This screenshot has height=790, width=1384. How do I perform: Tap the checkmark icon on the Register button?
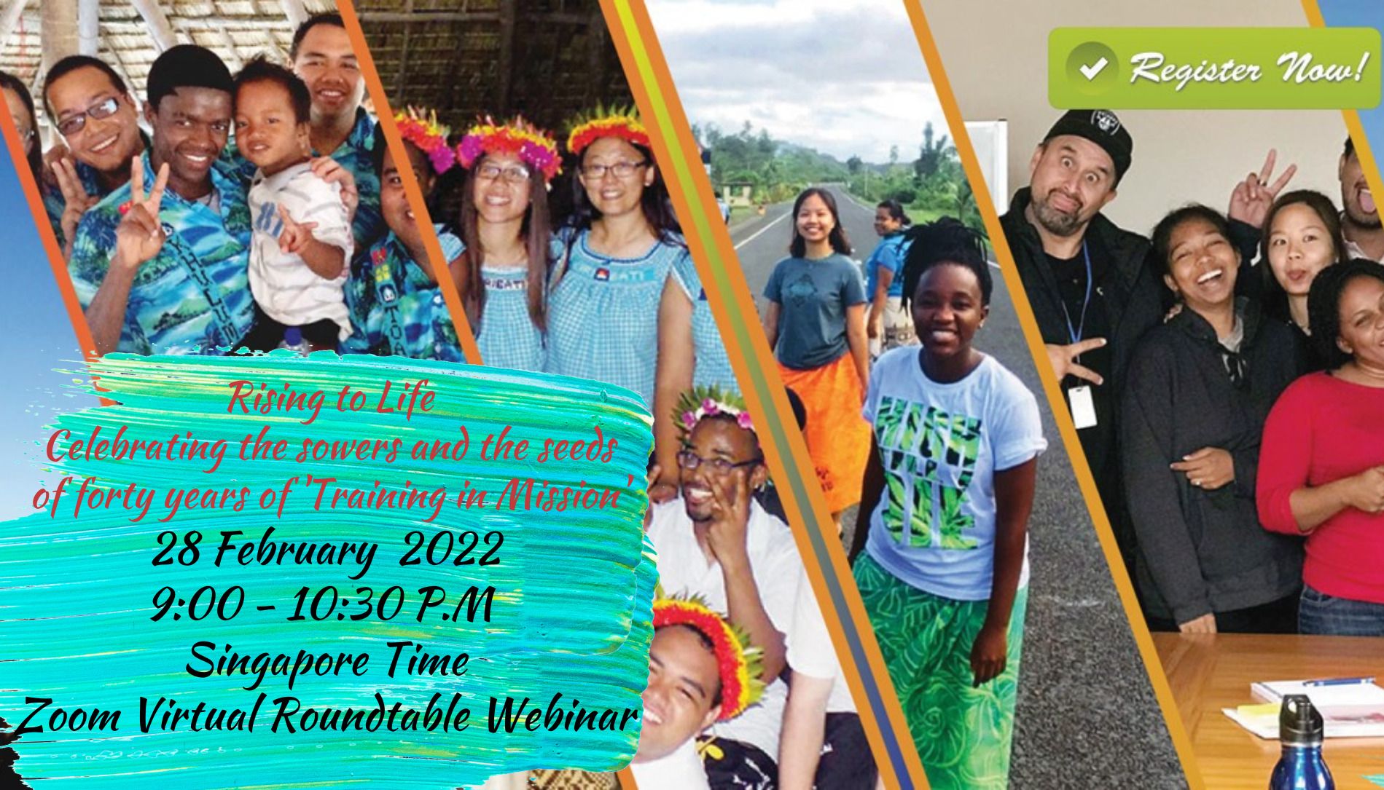coord(1092,70)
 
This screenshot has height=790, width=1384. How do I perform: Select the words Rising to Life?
coord(331,400)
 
